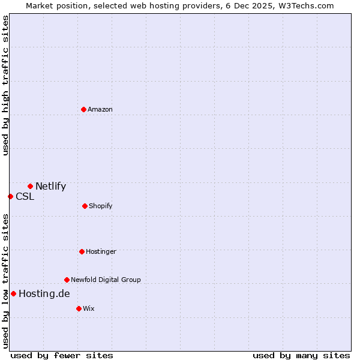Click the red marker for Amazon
(84, 109)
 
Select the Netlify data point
(30, 186)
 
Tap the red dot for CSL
(10, 196)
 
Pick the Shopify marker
(85, 206)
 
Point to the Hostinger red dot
(82, 251)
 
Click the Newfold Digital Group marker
(67, 280)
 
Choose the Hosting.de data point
(13, 293)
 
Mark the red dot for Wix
(79, 308)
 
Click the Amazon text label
(100, 109)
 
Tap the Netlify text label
(50, 186)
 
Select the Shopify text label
(101, 206)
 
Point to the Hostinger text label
(101, 251)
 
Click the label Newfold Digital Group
(106, 280)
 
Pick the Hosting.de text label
(44, 293)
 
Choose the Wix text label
(89, 308)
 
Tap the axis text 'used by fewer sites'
(62, 355)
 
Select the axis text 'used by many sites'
(301, 355)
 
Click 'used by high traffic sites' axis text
(5, 85)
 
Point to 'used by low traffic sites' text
(5, 281)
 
